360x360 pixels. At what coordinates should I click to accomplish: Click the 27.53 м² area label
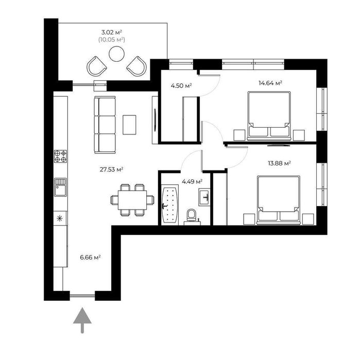pyautogui.click(x=111, y=169)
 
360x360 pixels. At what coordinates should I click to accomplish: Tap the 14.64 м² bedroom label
pyautogui.click(x=270, y=83)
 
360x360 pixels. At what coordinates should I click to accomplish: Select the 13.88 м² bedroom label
pyautogui.click(x=280, y=163)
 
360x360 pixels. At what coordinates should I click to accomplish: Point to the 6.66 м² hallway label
pyautogui.click(x=90, y=258)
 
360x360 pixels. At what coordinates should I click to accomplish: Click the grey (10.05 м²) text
pyautogui.click(x=112, y=40)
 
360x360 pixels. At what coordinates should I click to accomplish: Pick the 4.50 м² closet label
pyautogui.click(x=181, y=86)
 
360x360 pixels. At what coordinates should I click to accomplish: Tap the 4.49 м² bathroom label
pyautogui.click(x=192, y=182)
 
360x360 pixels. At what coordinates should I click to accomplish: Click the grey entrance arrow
pyautogui.click(x=82, y=320)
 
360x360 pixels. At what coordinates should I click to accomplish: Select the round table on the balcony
pyautogui.click(x=116, y=54)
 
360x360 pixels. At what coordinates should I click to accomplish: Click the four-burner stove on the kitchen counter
pyautogui.click(x=60, y=156)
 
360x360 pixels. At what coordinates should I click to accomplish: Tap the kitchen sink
pyautogui.click(x=60, y=187)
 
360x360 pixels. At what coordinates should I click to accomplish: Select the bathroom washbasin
pyautogui.click(x=204, y=197)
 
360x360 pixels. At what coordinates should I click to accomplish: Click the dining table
pyautogui.click(x=132, y=200)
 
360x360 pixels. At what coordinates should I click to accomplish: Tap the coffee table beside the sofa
pyautogui.click(x=129, y=125)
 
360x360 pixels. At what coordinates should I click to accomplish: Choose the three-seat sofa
pyautogui.click(x=105, y=125)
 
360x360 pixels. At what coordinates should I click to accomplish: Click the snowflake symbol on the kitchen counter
pyautogui.click(x=60, y=218)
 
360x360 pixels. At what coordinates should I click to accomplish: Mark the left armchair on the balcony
pyautogui.click(x=97, y=66)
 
